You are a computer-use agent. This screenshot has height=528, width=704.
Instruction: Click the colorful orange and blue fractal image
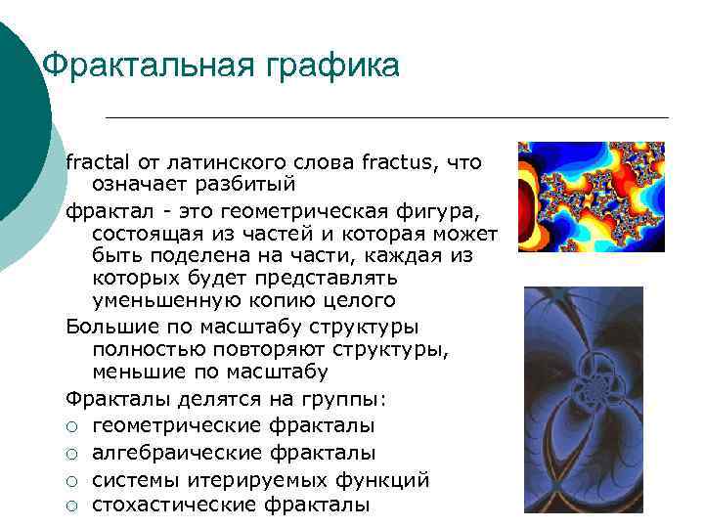pos(591,197)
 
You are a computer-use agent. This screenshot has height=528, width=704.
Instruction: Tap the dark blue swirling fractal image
pos(583,397)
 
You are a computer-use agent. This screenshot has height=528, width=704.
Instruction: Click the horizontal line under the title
pos(386,117)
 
